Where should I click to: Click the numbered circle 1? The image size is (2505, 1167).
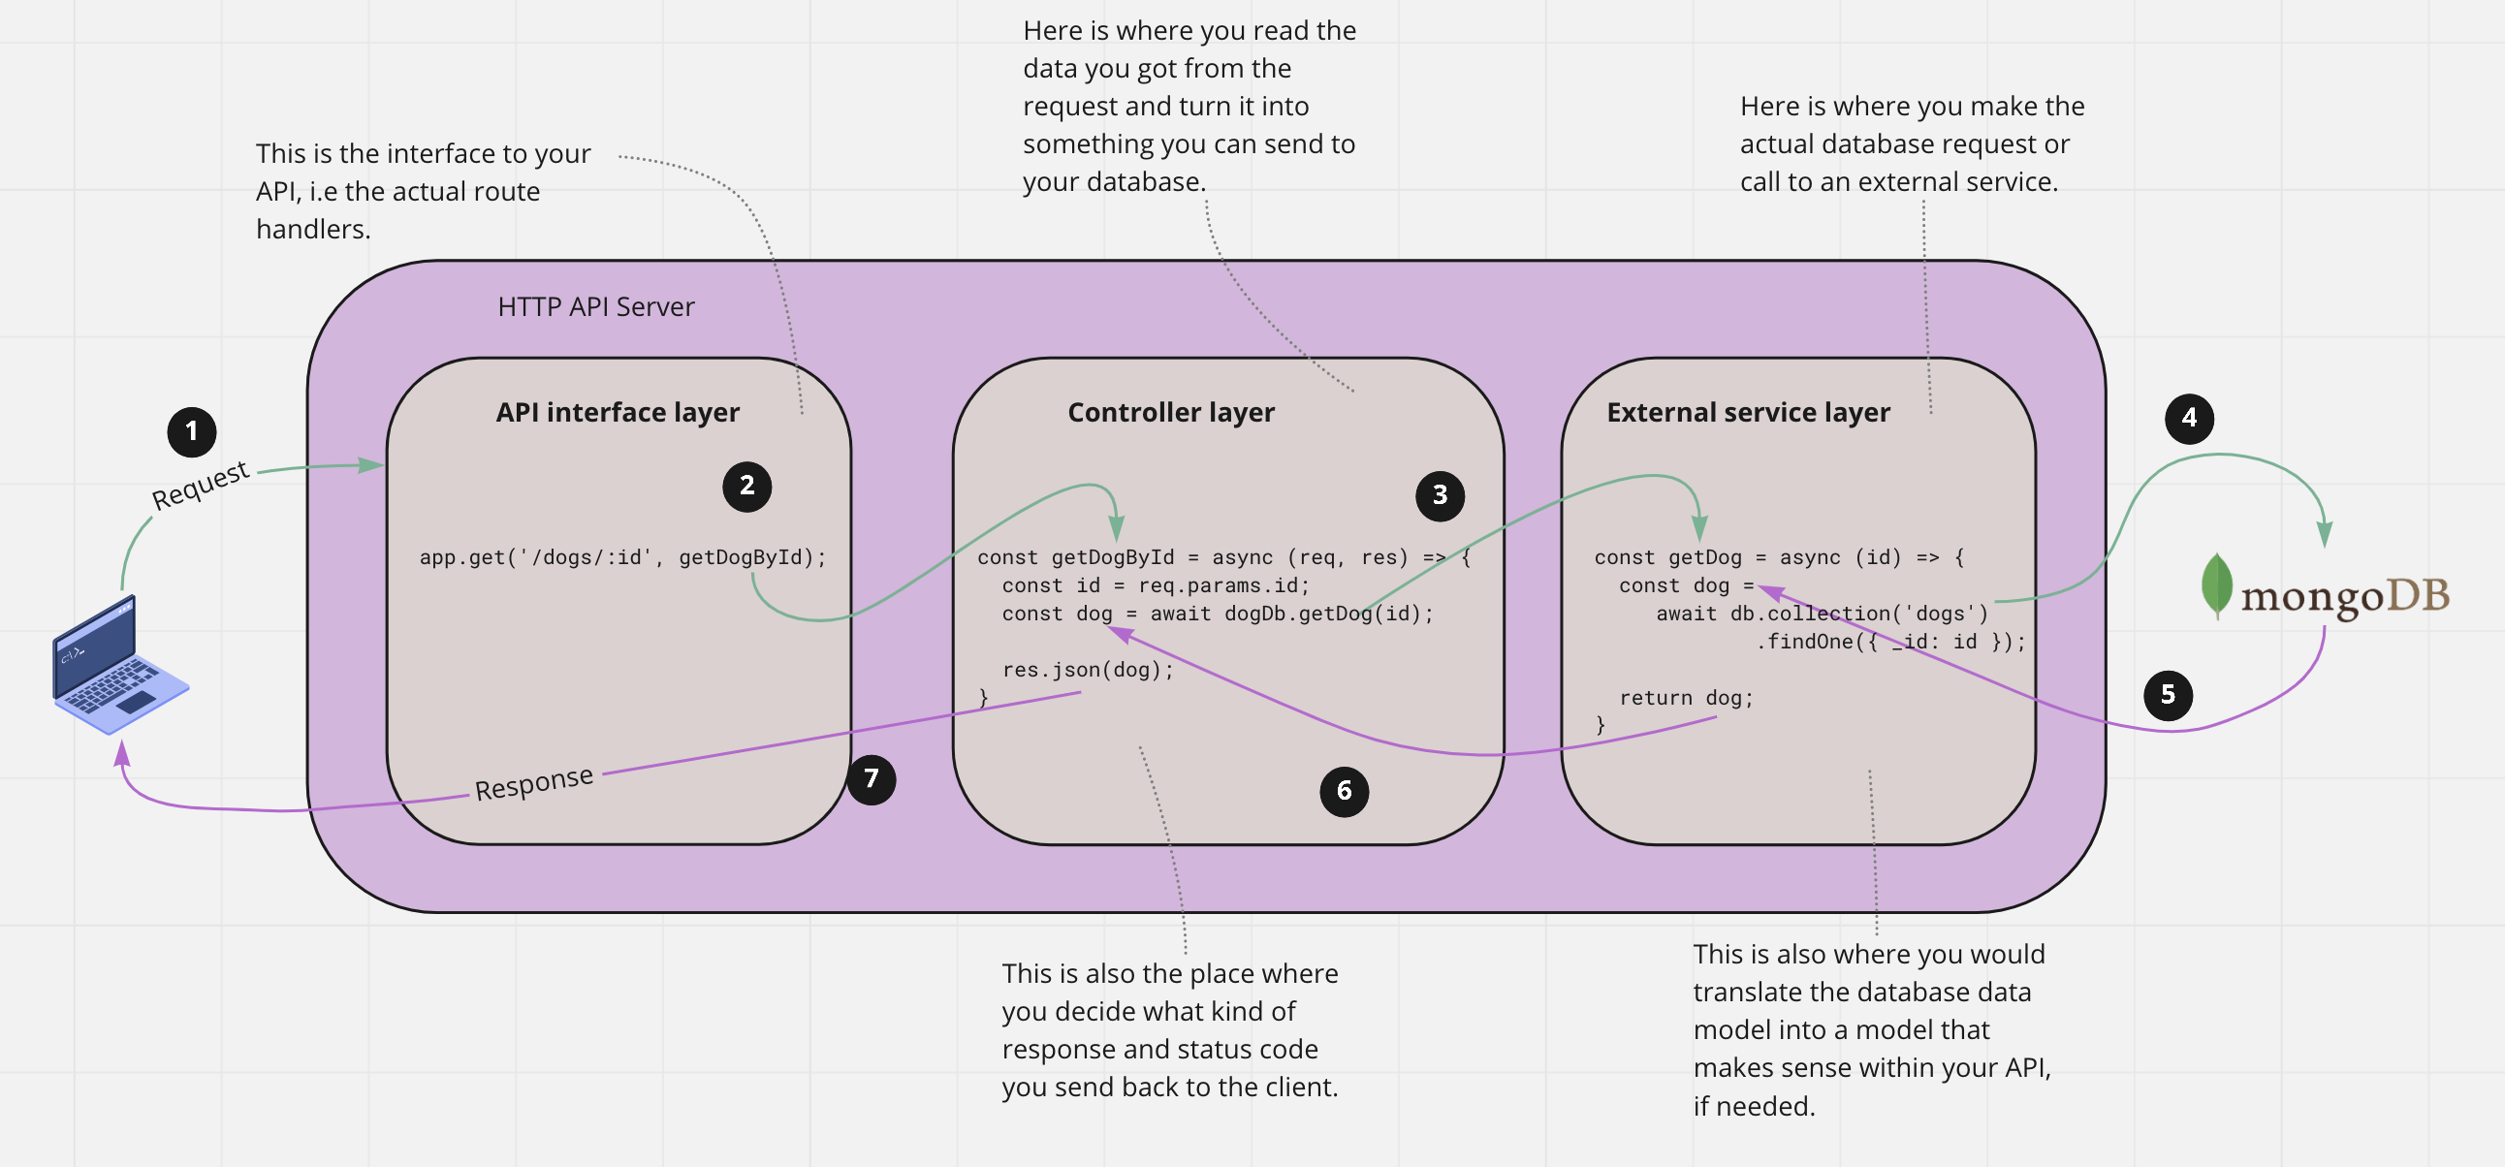pyautogui.click(x=192, y=431)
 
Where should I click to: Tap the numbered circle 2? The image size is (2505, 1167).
pyautogui.click(x=746, y=487)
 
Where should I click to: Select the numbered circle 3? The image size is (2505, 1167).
pyautogui.click(x=1441, y=496)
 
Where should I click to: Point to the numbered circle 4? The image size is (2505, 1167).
pyautogui.click(x=2189, y=419)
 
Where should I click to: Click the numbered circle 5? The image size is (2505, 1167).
pyautogui.click(x=2168, y=695)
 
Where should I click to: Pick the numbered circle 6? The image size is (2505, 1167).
pyautogui.click(x=1344, y=792)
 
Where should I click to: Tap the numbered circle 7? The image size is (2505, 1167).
pyautogui.click(x=872, y=779)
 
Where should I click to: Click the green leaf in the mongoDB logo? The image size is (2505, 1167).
pyautogui.click(x=2216, y=585)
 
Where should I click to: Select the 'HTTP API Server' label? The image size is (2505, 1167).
pyautogui.click(x=596, y=307)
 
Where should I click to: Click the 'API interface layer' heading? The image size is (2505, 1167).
pyautogui.click(x=618, y=412)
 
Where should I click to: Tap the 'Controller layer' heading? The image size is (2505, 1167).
pyautogui.click(x=1171, y=412)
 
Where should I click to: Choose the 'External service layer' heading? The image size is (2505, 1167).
pyautogui.click(x=1748, y=412)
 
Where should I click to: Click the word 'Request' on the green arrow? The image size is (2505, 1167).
pyautogui.click(x=201, y=485)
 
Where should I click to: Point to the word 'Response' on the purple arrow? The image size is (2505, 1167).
pyautogui.click(x=534, y=783)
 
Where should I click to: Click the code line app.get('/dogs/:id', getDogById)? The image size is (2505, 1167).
pyautogui.click(x=622, y=557)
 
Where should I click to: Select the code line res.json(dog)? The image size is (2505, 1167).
pyautogui.click(x=1088, y=670)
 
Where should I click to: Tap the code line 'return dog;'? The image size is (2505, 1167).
pyautogui.click(x=1686, y=698)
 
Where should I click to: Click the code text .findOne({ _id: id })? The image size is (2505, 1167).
pyautogui.click(x=1890, y=642)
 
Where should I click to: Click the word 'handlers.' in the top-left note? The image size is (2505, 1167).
pyautogui.click(x=313, y=230)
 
